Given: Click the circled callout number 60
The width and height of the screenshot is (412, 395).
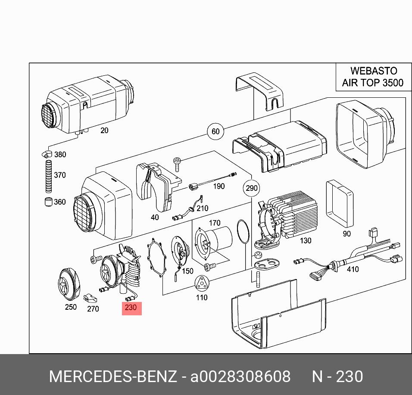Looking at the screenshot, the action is point(215,131).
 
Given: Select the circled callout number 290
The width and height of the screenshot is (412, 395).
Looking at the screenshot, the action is point(251,188).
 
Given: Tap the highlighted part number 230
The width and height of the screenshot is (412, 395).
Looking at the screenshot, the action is point(131,308).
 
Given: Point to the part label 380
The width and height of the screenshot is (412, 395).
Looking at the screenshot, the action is point(60,155).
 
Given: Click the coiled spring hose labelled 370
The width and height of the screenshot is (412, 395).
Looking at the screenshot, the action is point(49,176).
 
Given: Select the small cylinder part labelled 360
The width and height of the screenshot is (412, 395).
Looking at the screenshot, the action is point(48,202).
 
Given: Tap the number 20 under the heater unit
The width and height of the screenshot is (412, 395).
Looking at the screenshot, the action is point(104,131).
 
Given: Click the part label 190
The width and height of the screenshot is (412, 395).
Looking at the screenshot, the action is point(219,186).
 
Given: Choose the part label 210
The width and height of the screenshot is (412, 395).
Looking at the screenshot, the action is point(202,208).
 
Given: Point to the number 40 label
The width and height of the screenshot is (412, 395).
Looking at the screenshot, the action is point(155,217).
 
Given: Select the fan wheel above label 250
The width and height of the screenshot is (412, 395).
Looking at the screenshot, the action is point(69,284).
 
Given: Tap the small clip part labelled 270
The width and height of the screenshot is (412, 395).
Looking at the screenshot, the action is point(90,298).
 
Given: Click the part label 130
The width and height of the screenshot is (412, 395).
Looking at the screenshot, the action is point(305,240).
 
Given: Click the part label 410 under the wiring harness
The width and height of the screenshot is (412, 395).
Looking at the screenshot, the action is point(353,269).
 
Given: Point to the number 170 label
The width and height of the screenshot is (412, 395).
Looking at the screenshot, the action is point(215,223).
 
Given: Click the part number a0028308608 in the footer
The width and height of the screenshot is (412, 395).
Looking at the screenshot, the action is point(240,376).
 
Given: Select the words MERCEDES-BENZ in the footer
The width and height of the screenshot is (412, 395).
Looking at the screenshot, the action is point(113,376).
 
